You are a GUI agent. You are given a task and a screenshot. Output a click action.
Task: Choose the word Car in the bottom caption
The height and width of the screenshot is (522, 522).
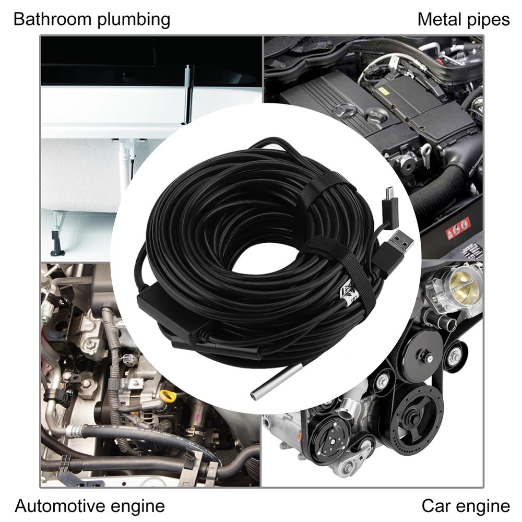(x=436, y=505)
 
